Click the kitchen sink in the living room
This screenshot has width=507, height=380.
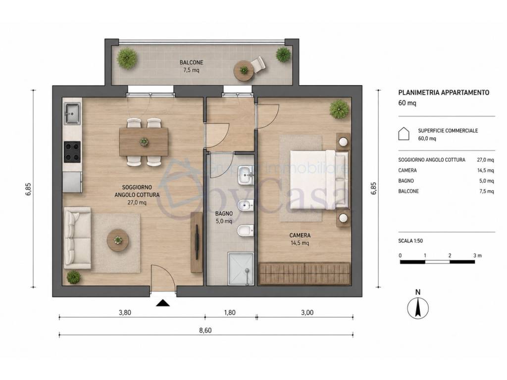point(72,113)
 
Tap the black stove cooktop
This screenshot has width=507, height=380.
point(72,152)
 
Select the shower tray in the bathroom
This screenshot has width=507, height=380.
point(241,269)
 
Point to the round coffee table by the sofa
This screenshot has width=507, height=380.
point(118,240)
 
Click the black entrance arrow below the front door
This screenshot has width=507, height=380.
point(162,303)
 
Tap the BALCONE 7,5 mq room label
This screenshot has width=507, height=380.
point(192,66)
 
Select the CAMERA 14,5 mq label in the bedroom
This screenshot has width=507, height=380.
point(300,239)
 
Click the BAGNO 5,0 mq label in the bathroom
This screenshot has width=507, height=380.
point(224,217)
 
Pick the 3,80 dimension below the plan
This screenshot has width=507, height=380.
point(125,313)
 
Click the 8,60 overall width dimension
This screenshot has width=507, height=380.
point(205,330)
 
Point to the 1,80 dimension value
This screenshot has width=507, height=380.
point(230,313)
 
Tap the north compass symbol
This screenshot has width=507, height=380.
point(418,305)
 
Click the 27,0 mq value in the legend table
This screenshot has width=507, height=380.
point(485,160)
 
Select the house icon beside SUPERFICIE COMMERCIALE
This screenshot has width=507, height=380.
point(404,134)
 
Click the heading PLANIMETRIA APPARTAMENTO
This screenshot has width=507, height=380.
point(444,93)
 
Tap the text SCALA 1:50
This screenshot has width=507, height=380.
point(410,241)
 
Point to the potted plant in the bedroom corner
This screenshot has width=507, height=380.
point(340,108)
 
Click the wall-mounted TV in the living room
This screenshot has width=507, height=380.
point(197,241)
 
